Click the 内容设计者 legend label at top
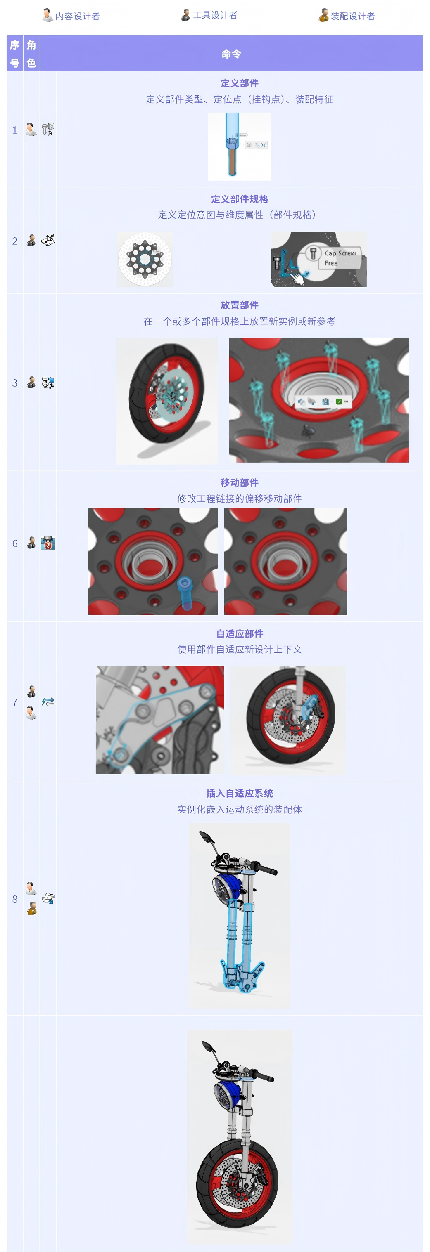(x=77, y=16)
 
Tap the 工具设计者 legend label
(x=215, y=15)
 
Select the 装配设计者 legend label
(x=353, y=16)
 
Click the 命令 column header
(x=231, y=54)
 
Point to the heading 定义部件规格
(x=239, y=199)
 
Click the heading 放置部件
(x=239, y=305)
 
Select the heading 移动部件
(x=239, y=483)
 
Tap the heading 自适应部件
(x=239, y=634)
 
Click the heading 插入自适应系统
(x=239, y=793)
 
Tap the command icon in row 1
(x=48, y=129)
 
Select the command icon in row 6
(x=48, y=543)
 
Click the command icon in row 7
(x=48, y=702)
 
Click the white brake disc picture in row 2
(x=145, y=260)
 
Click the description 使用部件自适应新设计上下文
(x=239, y=650)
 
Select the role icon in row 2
(x=31, y=240)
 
